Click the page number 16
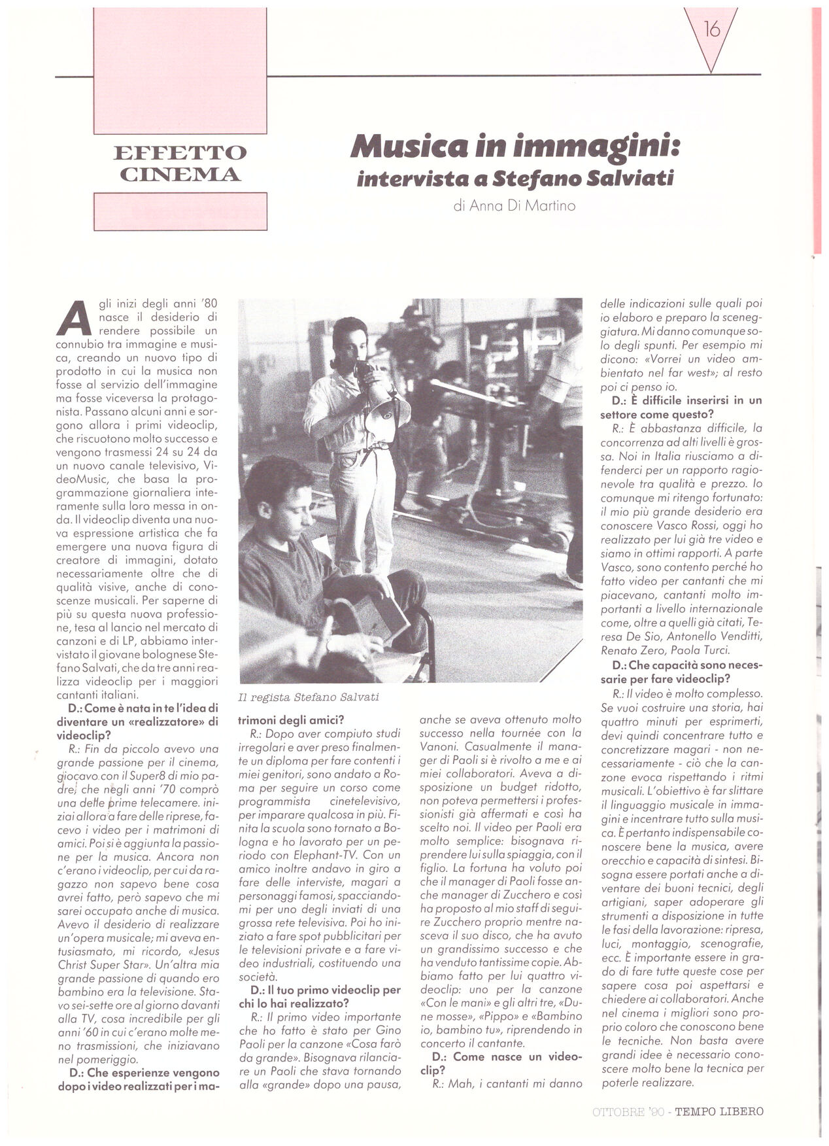click(x=711, y=29)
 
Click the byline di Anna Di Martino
click(x=514, y=205)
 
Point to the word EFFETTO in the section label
click(x=180, y=152)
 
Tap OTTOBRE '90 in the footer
click(x=628, y=1111)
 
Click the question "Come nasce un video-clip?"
click(x=500, y=1064)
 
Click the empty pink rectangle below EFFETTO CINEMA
click(x=180, y=211)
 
